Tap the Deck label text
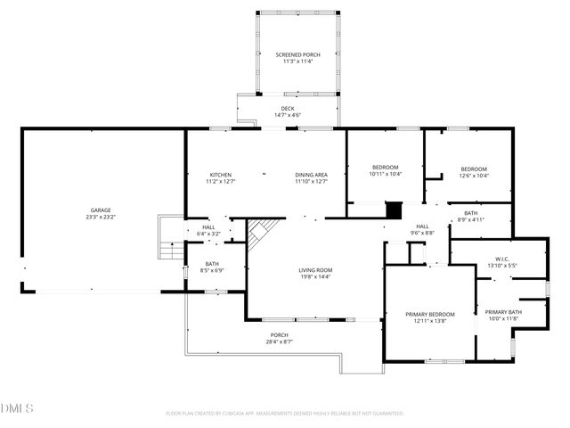click(287, 111)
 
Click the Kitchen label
click(220, 177)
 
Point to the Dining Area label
click(312, 177)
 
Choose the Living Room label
click(314, 273)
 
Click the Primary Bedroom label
click(430, 317)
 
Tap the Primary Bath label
click(503, 315)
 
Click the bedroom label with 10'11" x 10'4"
click(385, 170)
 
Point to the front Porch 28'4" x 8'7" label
click(280, 338)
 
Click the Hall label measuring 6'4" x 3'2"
click(208, 230)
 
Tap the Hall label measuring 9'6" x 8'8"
click(422, 229)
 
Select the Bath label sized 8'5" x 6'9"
click(212, 267)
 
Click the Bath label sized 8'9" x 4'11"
click(470, 216)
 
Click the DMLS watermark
click(18, 408)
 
